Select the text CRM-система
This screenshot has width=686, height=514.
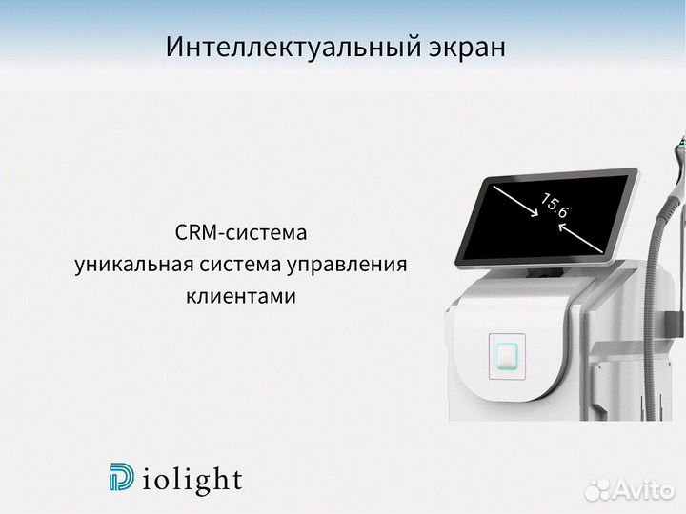(x=242, y=232)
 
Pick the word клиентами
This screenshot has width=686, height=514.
(x=241, y=296)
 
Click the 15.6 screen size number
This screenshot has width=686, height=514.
(x=555, y=207)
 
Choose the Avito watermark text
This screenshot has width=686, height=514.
(x=646, y=489)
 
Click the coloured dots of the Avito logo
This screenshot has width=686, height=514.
(x=599, y=489)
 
